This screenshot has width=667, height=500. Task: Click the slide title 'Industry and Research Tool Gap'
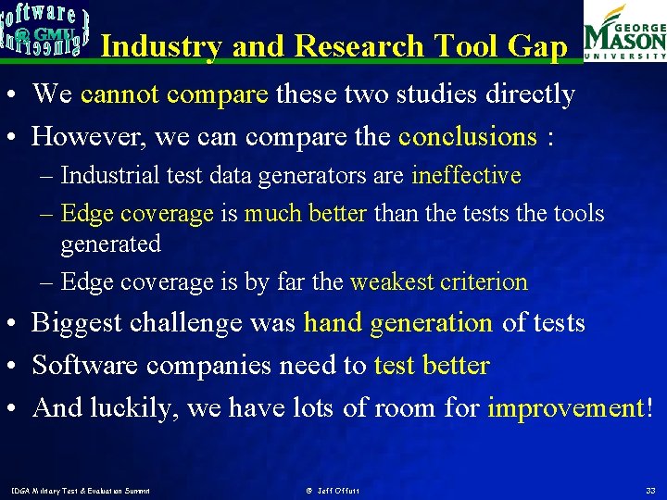click(333, 45)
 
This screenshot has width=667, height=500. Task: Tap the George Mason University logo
click(624, 31)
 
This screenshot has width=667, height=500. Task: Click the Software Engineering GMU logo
click(45, 29)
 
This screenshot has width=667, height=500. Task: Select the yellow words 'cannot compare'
click(174, 94)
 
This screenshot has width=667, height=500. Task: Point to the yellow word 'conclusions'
click(467, 137)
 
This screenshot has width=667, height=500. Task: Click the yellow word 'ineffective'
click(466, 175)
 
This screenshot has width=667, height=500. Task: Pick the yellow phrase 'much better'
click(306, 214)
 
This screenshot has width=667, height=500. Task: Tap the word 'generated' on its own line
click(110, 244)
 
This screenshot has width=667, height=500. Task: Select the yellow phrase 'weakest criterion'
click(438, 282)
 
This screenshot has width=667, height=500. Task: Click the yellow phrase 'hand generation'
click(398, 323)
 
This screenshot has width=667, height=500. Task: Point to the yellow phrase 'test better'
click(431, 366)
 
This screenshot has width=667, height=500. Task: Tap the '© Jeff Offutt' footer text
click(332, 490)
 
